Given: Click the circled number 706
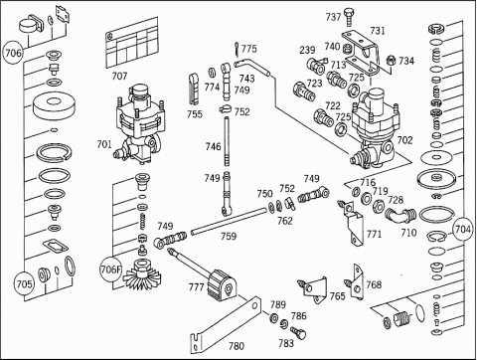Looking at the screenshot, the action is (13, 53).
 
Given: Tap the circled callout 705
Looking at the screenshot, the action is (24, 283).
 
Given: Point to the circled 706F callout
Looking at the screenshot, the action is (110, 270).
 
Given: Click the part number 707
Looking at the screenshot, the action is (119, 77).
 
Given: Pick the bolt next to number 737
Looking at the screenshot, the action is (348, 17).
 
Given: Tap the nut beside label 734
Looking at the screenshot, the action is (392, 60).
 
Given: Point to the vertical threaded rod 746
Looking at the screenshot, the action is (227, 141).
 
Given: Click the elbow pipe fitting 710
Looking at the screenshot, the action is (400, 215).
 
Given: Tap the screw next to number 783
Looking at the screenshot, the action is (298, 332).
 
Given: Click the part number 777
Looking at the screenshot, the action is (197, 286).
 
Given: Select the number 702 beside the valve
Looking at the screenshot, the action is (404, 140).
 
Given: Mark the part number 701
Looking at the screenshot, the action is (104, 144).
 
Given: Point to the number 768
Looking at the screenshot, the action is (374, 284).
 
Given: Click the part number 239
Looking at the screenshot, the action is (307, 50).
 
